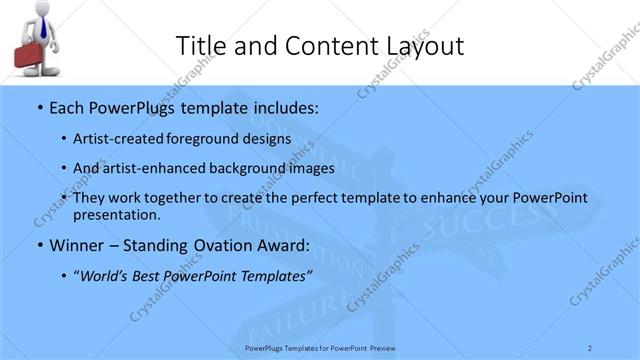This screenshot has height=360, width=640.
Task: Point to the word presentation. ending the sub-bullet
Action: pyautogui.click(x=117, y=214)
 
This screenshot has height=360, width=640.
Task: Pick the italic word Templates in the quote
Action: pyautogui.click(x=271, y=275)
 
